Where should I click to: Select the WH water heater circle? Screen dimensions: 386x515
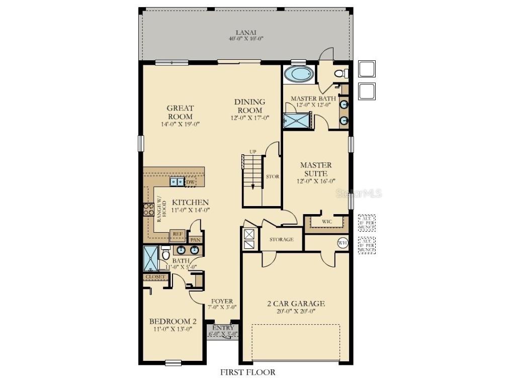pyautogui.click(x=342, y=243)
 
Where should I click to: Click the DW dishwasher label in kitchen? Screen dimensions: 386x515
pyautogui.click(x=191, y=182)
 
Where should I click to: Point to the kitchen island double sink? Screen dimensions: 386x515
pyautogui.click(x=177, y=182)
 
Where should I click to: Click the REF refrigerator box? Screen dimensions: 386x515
pyautogui.click(x=177, y=234)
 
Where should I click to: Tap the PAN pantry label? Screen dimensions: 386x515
pyautogui.click(x=195, y=240)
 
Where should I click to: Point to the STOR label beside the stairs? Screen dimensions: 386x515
pyautogui.click(x=272, y=177)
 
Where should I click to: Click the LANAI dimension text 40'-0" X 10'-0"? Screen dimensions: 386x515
pyautogui.click(x=246, y=38)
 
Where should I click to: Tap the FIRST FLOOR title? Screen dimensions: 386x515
pyautogui.click(x=247, y=372)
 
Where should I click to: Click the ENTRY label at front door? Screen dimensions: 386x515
pyautogui.click(x=223, y=328)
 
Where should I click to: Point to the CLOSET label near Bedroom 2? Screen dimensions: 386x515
pyautogui.click(x=155, y=277)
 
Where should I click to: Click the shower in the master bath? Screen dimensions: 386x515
pyautogui.click(x=297, y=121)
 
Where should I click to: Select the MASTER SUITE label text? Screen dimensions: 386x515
pyautogui.click(x=316, y=169)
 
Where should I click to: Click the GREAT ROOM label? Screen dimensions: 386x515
pyautogui.click(x=180, y=112)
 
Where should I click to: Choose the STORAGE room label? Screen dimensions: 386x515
pyautogui.click(x=281, y=240)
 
